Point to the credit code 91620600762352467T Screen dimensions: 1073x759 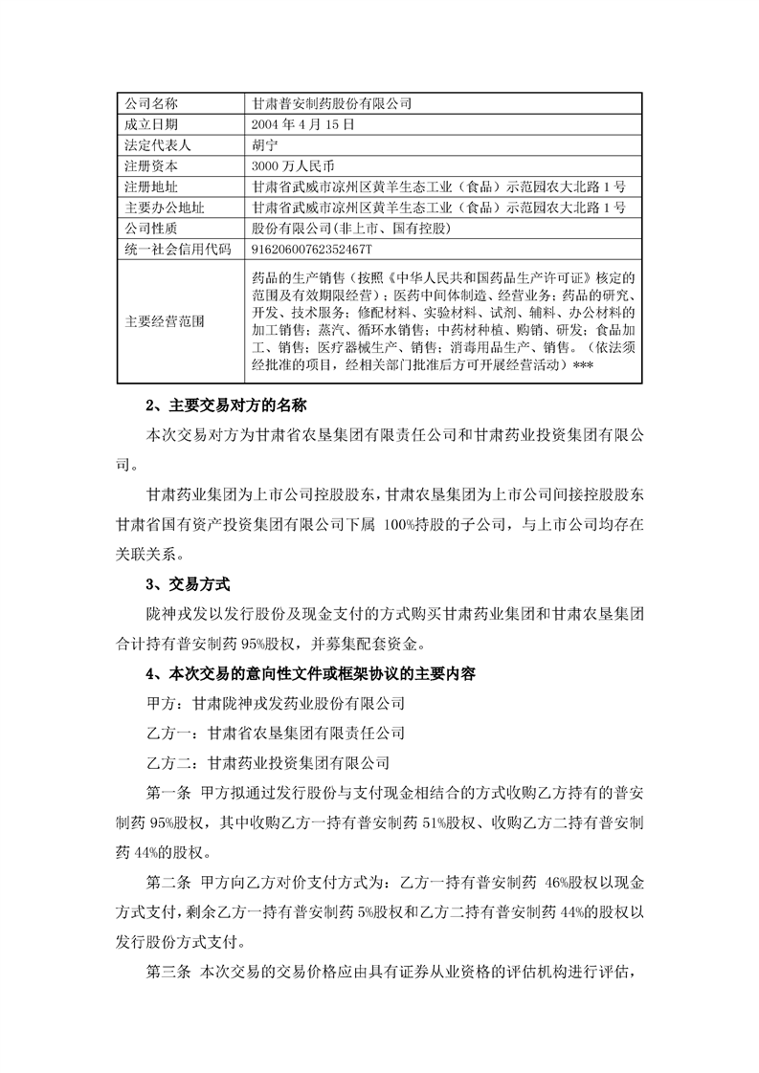coord(310,249)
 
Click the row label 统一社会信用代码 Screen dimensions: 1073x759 coord(178,249)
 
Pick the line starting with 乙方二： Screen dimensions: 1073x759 coord(273,763)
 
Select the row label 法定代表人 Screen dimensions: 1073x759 coord(159,144)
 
